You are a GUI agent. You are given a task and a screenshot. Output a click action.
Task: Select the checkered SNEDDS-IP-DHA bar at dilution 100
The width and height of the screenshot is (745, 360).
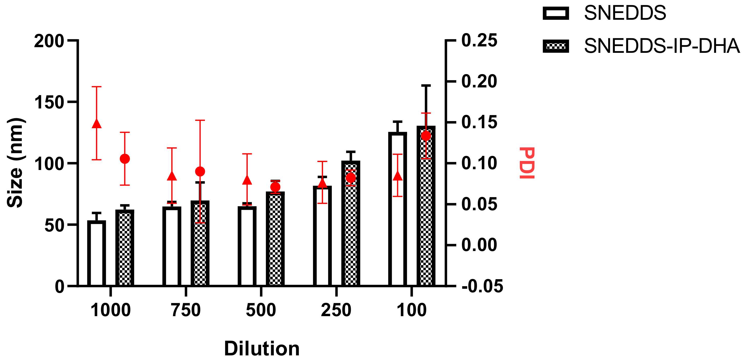426,206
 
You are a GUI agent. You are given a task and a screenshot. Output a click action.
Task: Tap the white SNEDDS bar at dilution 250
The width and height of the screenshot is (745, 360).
322,236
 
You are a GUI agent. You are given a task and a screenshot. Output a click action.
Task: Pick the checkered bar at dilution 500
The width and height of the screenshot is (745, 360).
275,239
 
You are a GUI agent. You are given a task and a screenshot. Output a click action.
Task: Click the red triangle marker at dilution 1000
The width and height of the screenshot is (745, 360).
97,124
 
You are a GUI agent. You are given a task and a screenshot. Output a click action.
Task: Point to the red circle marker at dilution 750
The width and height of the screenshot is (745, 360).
200,172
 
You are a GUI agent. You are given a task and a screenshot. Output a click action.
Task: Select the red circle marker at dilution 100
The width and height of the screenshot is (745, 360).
426,136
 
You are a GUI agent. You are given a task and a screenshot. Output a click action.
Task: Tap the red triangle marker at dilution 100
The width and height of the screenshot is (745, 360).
398,176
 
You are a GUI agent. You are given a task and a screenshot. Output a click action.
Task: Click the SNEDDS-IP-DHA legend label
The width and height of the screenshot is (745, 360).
661,46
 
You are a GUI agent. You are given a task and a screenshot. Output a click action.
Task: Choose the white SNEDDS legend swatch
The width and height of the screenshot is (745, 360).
556,13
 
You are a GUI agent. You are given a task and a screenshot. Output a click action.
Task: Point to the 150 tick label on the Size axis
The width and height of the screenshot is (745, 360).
49,103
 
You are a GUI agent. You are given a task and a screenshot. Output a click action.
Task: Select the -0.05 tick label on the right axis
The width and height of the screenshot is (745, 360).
482,286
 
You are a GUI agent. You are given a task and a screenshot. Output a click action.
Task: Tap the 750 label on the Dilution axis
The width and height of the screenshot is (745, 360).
186,310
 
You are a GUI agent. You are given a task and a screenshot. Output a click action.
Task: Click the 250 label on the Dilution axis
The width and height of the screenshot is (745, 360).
336,310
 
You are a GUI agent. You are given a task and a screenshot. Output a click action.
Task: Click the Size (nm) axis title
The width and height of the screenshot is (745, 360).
15,163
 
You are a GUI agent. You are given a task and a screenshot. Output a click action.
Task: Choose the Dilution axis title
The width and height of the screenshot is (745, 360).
262,348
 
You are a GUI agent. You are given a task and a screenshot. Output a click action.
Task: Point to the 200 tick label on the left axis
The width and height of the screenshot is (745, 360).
49,41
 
